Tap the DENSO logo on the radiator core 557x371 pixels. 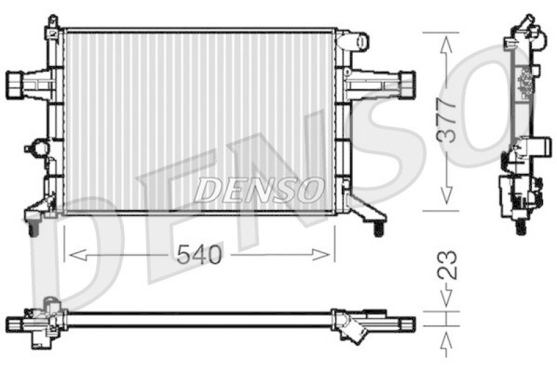(259, 189)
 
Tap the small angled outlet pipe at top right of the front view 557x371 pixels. (355, 42)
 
